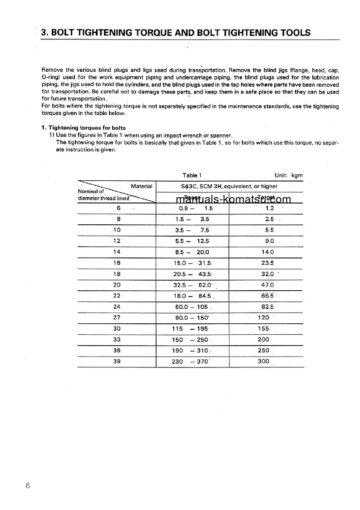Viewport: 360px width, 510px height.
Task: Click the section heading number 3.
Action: click(44, 33)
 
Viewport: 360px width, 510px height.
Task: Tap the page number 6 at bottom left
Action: click(28, 486)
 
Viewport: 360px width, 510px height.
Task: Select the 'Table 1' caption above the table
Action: click(192, 175)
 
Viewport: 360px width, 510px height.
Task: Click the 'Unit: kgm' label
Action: click(288, 175)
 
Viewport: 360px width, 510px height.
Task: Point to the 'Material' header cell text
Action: click(141, 186)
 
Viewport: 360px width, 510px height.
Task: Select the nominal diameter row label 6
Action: click(118, 208)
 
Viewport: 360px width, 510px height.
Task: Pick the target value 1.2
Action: click(270, 208)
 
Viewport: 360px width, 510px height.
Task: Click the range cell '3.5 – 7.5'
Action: click(192, 230)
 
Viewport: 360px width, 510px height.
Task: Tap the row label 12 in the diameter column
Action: click(117, 241)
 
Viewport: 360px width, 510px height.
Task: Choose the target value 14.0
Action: click(267, 252)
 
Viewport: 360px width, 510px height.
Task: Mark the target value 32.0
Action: click(267, 274)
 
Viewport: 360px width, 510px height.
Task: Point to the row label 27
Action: click(117, 317)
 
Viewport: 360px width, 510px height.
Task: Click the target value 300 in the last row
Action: click(263, 361)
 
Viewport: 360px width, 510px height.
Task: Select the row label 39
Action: click(117, 361)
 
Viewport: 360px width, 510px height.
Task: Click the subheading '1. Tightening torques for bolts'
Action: click(84, 128)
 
